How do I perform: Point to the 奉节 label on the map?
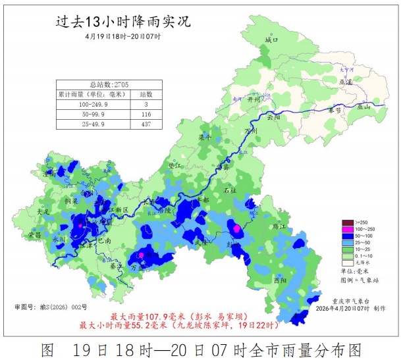pos(336,111)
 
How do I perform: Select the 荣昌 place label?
pos(34,234)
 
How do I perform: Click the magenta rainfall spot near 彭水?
pos(236,228)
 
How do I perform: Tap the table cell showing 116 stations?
pos(146,114)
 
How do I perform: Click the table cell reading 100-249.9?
pos(92,105)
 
